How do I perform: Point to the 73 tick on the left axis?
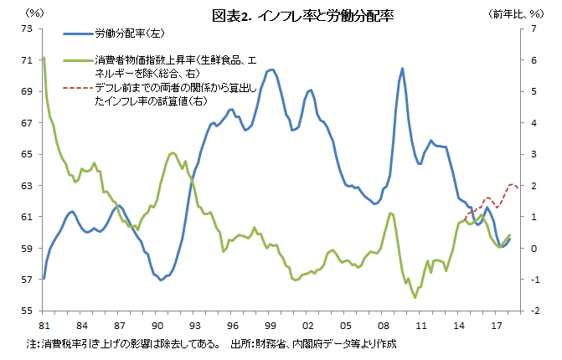pos(28,28)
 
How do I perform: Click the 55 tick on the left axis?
pos(28,311)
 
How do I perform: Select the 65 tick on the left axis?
pos(28,154)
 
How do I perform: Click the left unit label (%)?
pos(35,14)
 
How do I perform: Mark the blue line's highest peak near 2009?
pos(403,69)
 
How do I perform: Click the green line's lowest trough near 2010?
pos(415,296)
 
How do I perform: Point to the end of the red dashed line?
pos(518,188)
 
